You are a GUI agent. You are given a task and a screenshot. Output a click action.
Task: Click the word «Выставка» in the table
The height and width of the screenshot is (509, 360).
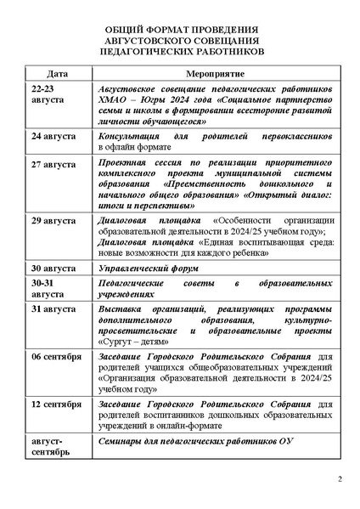coord(121,310)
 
